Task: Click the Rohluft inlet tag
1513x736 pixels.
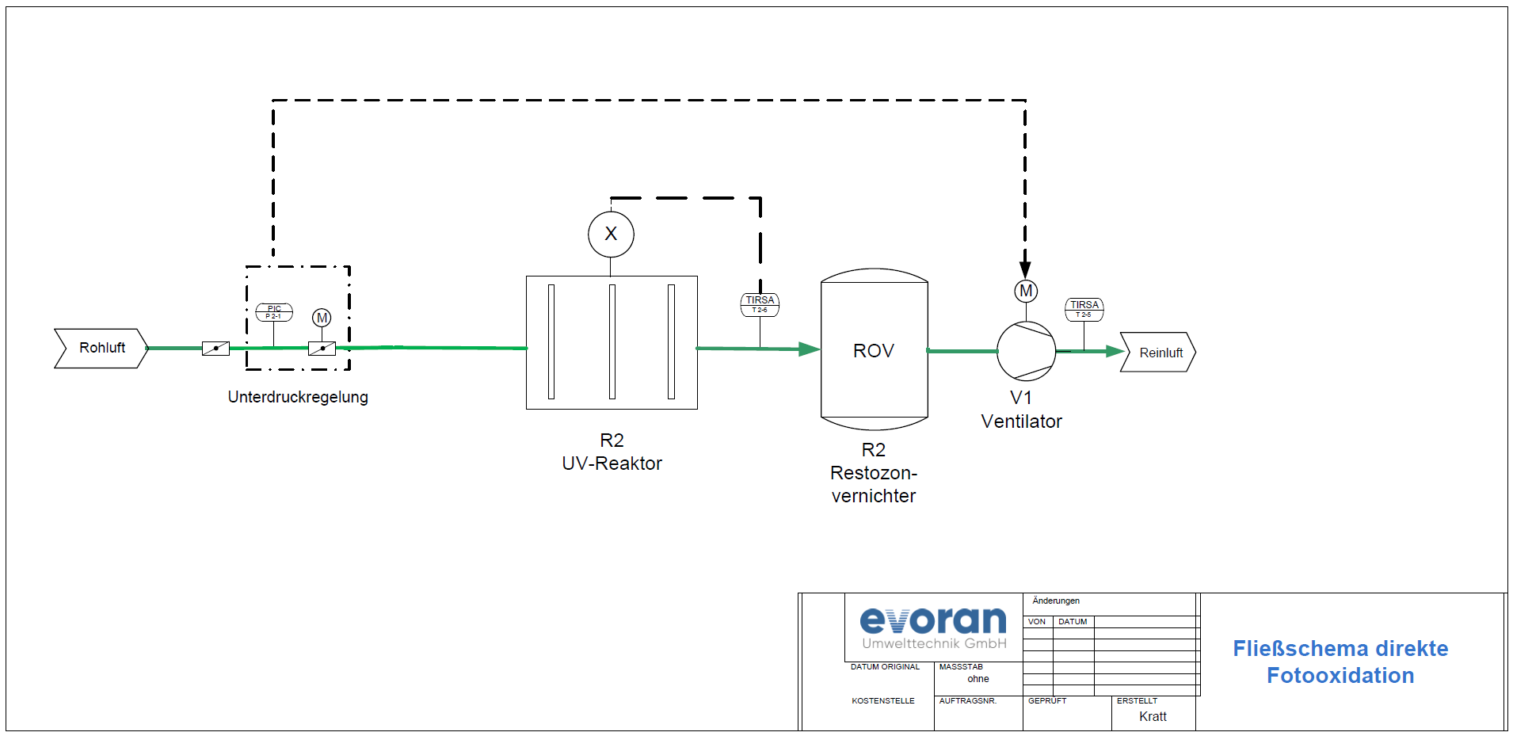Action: [101, 349]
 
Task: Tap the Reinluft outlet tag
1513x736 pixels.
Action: [1158, 353]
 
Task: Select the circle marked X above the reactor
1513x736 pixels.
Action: [611, 235]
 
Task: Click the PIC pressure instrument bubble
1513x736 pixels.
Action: [274, 312]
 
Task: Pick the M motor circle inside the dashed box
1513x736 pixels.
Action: [322, 318]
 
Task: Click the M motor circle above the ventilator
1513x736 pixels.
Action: [1026, 291]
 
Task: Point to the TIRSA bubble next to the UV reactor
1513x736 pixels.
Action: [760, 304]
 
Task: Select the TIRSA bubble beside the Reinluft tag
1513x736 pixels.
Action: [1084, 309]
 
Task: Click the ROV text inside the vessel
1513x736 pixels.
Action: [874, 351]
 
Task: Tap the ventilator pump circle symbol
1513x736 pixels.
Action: [1026, 351]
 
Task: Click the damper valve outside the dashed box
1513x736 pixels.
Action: [215, 348]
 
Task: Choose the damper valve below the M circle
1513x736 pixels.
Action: [322, 349]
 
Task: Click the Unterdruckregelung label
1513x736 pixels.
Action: [298, 397]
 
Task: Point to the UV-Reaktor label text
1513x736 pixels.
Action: [612, 463]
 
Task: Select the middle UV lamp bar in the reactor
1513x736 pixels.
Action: [612, 341]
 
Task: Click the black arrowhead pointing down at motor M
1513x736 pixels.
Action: [1025, 269]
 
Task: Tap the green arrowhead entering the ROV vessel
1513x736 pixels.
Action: [809, 349]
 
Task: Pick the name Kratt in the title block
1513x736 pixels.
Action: [1153, 716]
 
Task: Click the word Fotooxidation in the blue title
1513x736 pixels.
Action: [1340, 676]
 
